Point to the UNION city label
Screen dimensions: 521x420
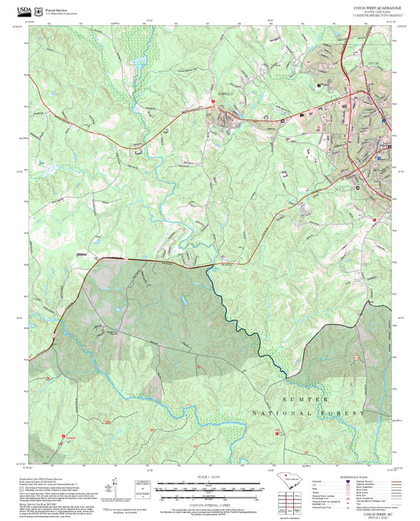coord(374,63)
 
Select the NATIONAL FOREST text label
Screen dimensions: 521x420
coord(308,412)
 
